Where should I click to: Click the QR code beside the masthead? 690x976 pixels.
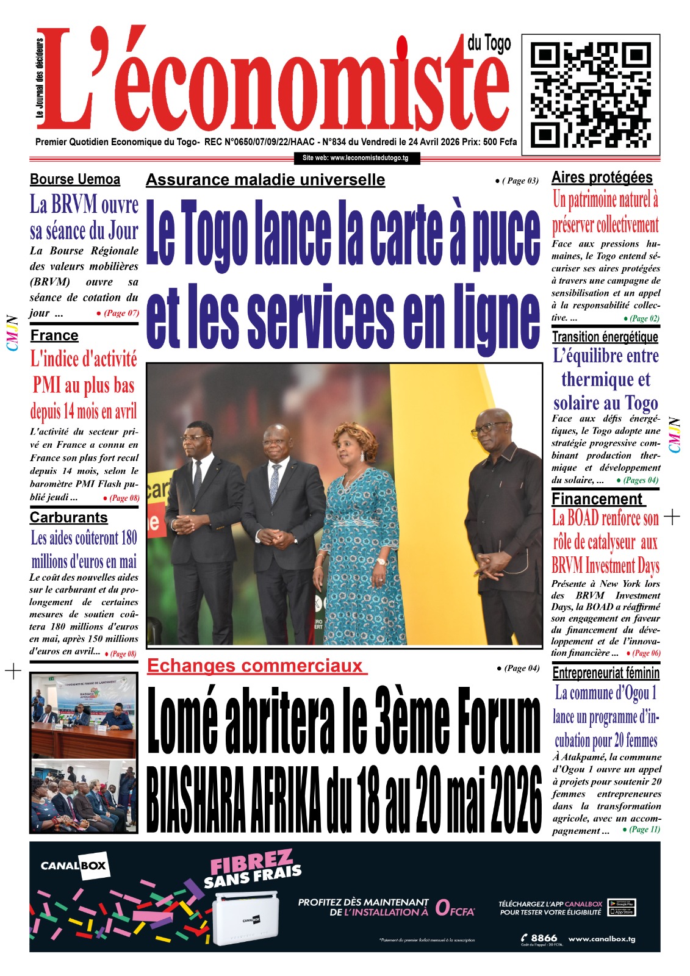pyautogui.click(x=590, y=91)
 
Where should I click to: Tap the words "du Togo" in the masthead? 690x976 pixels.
pyautogui.click(x=489, y=43)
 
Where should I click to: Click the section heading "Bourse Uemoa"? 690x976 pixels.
pyautogui.click(x=75, y=179)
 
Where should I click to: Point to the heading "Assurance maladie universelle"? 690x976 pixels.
pyautogui.click(x=265, y=180)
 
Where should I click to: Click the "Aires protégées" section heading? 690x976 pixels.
pyautogui.click(x=602, y=178)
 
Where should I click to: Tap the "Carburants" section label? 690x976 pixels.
pyautogui.click(x=69, y=517)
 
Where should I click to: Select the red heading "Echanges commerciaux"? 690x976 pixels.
pyautogui.click(x=256, y=666)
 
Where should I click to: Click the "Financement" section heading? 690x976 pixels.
pyautogui.click(x=597, y=499)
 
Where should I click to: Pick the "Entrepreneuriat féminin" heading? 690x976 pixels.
pyautogui.click(x=606, y=673)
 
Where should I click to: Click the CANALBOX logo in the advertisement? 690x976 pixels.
pyautogui.click(x=73, y=865)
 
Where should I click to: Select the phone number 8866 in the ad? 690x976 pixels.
pyautogui.click(x=544, y=938)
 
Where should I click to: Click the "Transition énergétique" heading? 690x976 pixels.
pyautogui.click(x=605, y=337)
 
